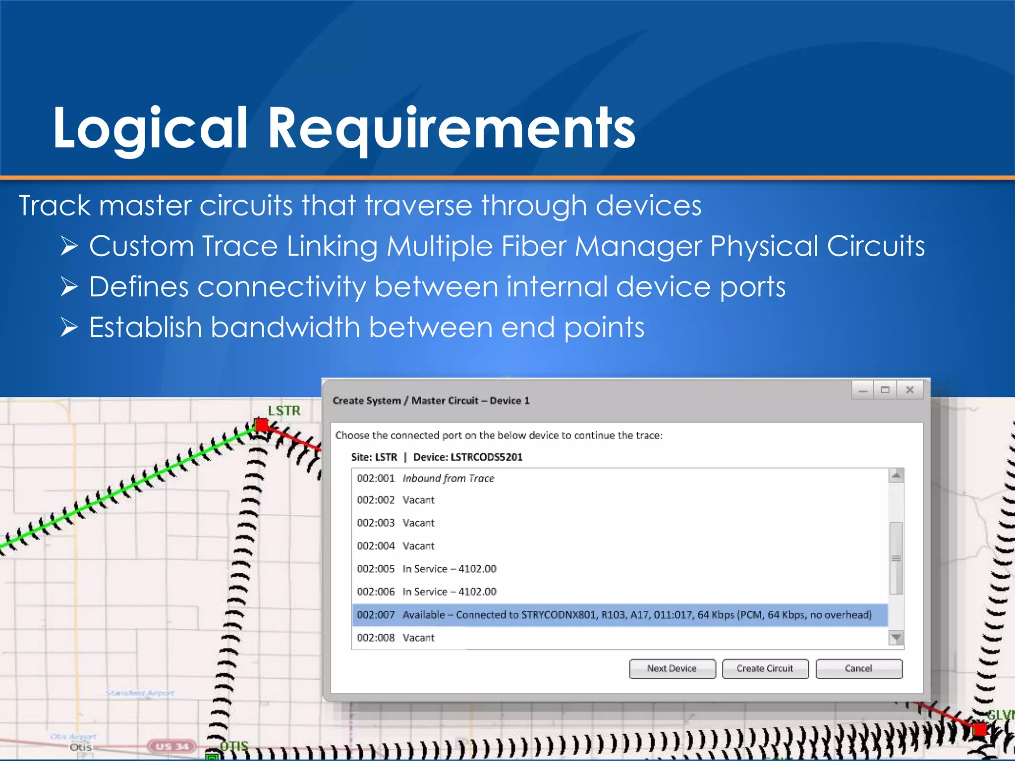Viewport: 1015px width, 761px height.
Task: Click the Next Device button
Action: pos(672,668)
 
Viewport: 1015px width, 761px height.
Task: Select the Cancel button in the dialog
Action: pos(858,668)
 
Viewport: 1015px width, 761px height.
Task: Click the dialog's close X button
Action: pos(910,390)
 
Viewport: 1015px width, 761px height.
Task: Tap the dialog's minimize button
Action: pos(863,390)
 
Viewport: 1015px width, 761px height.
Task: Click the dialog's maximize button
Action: pos(886,390)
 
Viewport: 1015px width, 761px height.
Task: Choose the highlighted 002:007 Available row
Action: pos(620,615)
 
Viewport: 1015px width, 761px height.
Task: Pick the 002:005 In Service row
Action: pos(426,569)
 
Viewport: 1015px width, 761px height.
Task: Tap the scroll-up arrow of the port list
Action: pos(896,476)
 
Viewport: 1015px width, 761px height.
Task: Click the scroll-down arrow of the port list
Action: pos(896,637)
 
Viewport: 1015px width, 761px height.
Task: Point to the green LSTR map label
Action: pos(284,411)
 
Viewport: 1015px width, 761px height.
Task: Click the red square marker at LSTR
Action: pos(261,425)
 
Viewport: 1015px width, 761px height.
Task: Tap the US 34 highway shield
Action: pos(172,746)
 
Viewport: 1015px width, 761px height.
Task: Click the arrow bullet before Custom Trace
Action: pos(69,246)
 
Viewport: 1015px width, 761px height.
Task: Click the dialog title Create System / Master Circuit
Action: pos(431,401)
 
